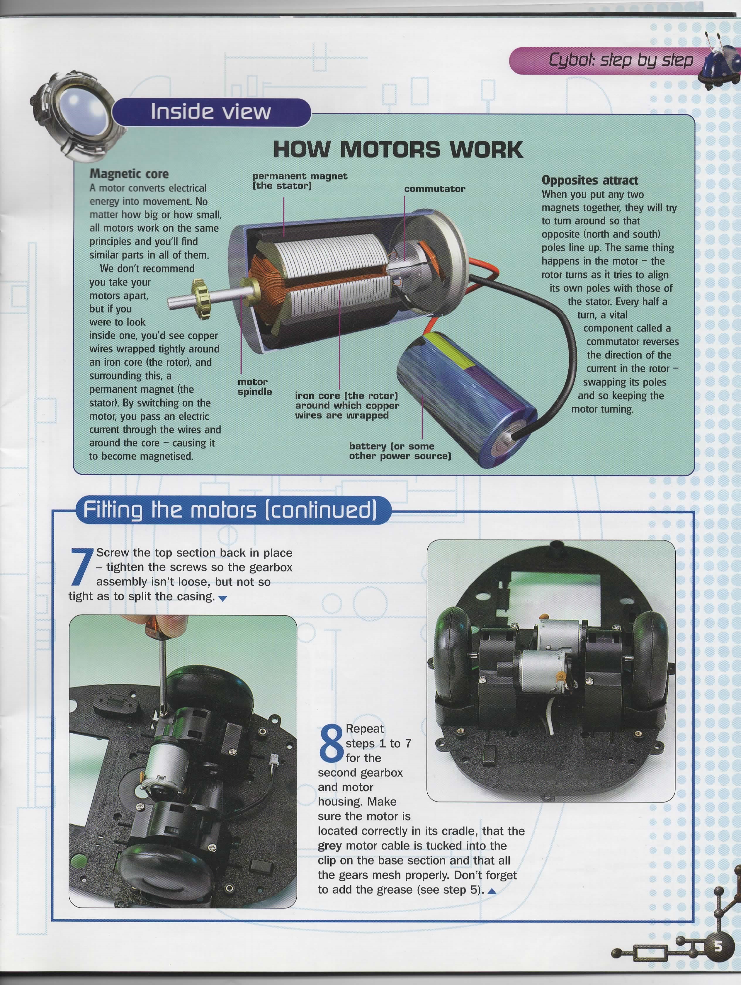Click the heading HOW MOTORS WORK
[x=398, y=149]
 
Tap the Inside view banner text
[x=211, y=111]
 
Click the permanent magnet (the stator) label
[x=300, y=181]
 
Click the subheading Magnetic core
[x=129, y=174]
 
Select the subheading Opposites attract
[x=589, y=180]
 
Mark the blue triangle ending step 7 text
[x=223, y=599]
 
